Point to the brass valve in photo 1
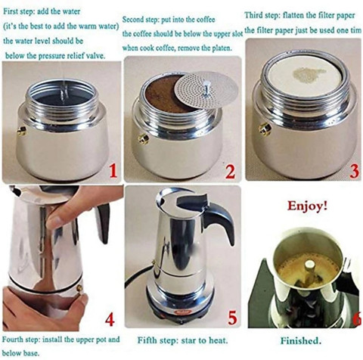pyautogui.click(x=22, y=131)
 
